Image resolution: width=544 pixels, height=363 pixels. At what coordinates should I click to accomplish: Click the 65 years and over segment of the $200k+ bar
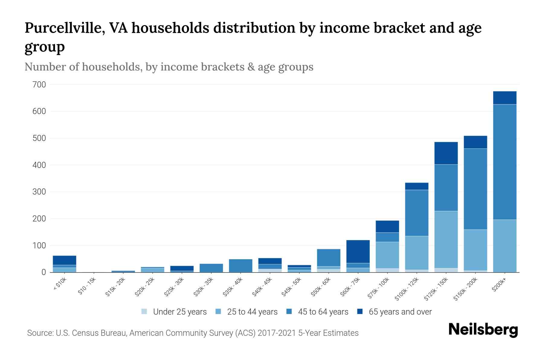504,98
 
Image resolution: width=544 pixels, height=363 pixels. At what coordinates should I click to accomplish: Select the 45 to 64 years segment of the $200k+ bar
504,162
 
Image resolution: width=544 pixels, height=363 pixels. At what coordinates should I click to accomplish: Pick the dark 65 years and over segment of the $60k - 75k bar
358,251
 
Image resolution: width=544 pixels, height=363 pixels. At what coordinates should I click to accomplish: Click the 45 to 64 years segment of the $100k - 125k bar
416,213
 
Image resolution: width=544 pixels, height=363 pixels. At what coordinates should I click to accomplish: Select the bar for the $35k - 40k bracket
241,265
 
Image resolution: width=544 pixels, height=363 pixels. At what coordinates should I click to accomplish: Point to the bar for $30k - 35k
211,268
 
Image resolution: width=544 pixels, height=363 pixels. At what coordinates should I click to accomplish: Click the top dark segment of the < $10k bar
64,260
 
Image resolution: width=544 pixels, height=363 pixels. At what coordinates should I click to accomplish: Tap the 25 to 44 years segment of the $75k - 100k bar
387,255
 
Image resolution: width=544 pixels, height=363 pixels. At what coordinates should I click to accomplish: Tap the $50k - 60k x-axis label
321,287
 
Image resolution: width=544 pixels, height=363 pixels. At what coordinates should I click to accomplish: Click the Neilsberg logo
483,330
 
